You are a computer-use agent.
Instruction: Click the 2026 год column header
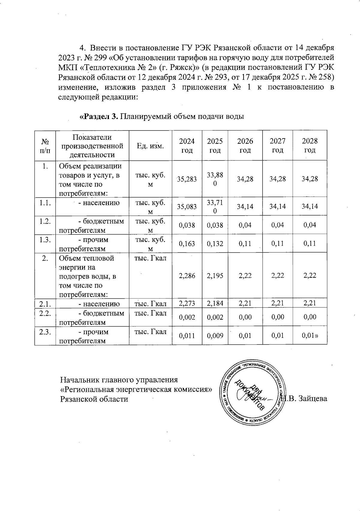pyautogui.click(x=245, y=145)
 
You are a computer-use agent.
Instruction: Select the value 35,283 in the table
pyautogui.click(x=187, y=179)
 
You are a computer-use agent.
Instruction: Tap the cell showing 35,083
pyautogui.click(x=187, y=206)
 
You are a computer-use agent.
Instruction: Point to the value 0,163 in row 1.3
pyautogui.click(x=187, y=244)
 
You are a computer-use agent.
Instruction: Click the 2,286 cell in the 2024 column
pyautogui.click(x=187, y=276)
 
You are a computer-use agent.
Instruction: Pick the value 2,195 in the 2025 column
pyautogui.click(x=215, y=276)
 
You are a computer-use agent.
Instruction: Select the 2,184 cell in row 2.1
pyautogui.click(x=215, y=304)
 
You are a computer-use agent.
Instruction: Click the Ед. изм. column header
pyautogui.click(x=150, y=146)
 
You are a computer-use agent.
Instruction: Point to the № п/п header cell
pyautogui.click(x=45, y=145)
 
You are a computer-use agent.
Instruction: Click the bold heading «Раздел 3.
pyautogui.click(x=99, y=116)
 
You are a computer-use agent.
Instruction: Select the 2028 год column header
pyautogui.click(x=310, y=145)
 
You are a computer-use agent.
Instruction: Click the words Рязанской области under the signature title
pyautogui.click(x=94, y=399)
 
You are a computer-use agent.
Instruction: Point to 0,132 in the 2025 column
pyautogui.click(x=215, y=244)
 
